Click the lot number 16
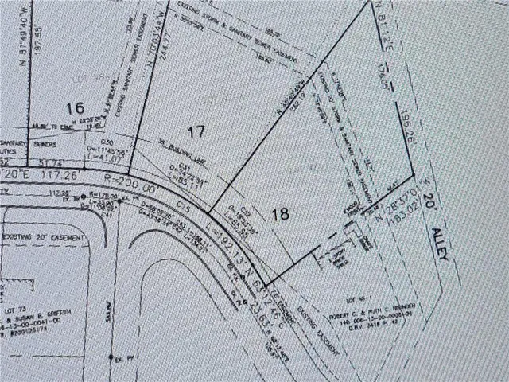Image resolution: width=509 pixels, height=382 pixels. point(76,107)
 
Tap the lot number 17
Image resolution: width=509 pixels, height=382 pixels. point(196,131)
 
